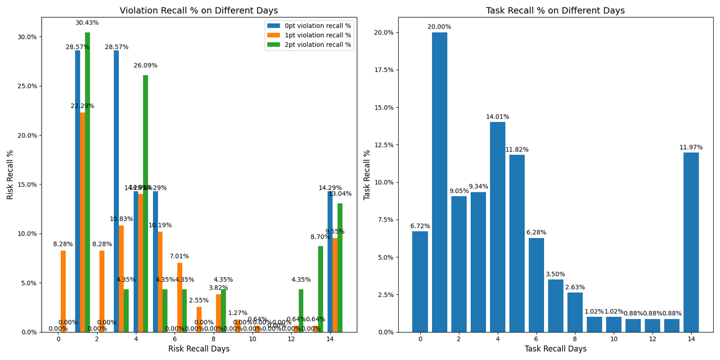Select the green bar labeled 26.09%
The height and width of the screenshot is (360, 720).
coord(146,203)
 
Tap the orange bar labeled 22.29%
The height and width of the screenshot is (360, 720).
coord(83,222)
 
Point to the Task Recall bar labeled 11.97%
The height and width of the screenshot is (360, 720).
coord(691,242)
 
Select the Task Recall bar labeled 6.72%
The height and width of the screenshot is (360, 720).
coord(420,281)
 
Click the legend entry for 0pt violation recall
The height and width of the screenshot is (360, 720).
coord(309,26)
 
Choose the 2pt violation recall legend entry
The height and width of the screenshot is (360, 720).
coord(309,45)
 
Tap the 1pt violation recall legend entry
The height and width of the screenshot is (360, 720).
coord(309,35)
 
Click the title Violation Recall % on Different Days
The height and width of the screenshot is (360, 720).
coord(199,11)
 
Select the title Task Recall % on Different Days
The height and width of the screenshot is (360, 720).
coord(555,11)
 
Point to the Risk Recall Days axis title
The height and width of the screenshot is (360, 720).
coord(199,349)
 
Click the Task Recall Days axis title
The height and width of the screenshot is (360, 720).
coord(555,349)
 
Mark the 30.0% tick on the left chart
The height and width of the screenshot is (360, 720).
coord(28,37)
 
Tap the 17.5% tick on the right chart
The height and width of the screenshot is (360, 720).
coord(386,70)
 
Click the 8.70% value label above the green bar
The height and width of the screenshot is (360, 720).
coord(321,237)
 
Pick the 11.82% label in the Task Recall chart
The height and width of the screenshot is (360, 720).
coord(516,150)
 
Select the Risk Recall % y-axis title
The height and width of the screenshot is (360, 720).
coord(10,174)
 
